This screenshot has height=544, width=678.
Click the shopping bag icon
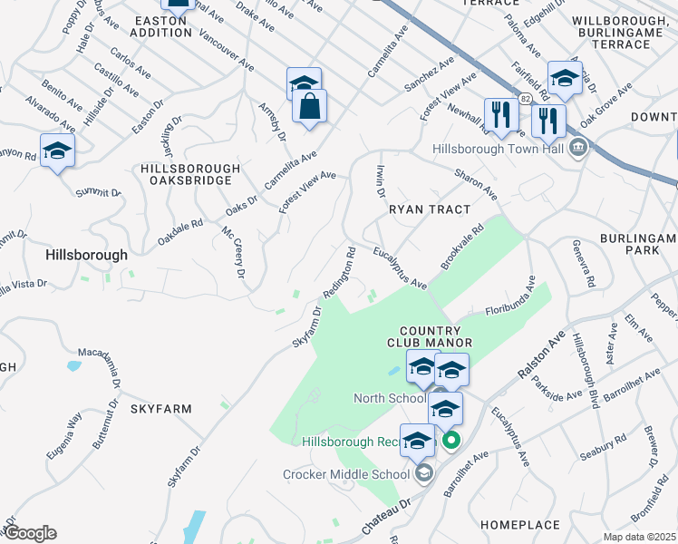pyautogui.click(x=310, y=106)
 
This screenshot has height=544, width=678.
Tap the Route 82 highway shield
pyautogui.click(x=525, y=95)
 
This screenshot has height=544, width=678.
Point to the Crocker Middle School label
pyautogui.click(x=348, y=473)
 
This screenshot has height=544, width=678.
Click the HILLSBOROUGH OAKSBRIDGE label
pyautogui.click(x=190, y=175)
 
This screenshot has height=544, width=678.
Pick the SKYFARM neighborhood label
pyautogui.click(x=160, y=409)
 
